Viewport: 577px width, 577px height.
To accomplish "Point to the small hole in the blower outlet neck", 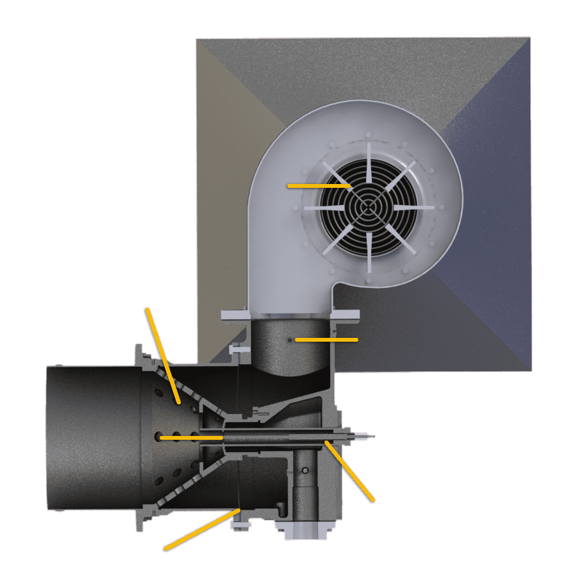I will pos(290,340).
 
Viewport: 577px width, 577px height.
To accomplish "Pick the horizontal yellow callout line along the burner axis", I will pos(190,437).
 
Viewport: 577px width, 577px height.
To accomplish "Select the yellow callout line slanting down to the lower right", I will pos(349,471).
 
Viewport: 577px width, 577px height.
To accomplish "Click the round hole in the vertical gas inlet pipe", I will pos(306,471).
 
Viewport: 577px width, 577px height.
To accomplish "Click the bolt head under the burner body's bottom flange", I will pos(240,525).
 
